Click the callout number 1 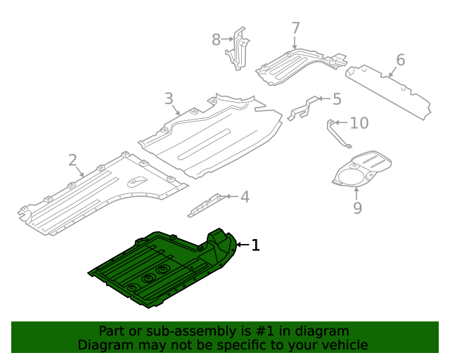[256, 245]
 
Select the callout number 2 [73, 160]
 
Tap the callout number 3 [169, 98]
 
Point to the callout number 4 [245, 197]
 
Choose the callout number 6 [400, 60]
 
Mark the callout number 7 [295, 29]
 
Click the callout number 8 [217, 40]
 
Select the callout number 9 [357, 207]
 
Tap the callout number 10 [359, 124]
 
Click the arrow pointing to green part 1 [243, 245]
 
